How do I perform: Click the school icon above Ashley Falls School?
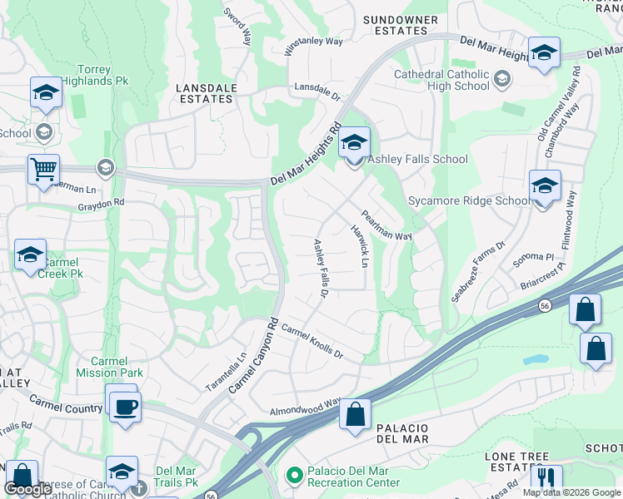click(354, 143)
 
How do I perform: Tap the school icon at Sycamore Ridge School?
click(544, 185)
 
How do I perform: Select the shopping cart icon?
click(43, 170)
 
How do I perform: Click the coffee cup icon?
click(125, 407)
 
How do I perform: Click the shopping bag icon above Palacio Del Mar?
click(355, 415)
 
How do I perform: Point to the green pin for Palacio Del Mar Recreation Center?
click(292, 475)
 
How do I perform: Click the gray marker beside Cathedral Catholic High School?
click(501, 80)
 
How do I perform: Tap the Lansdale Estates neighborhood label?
click(206, 93)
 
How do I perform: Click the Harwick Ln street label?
click(359, 246)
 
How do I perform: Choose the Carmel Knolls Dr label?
click(311, 342)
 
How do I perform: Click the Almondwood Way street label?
click(305, 408)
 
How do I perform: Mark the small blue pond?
click(536, 360)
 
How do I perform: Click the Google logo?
click(28, 489)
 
